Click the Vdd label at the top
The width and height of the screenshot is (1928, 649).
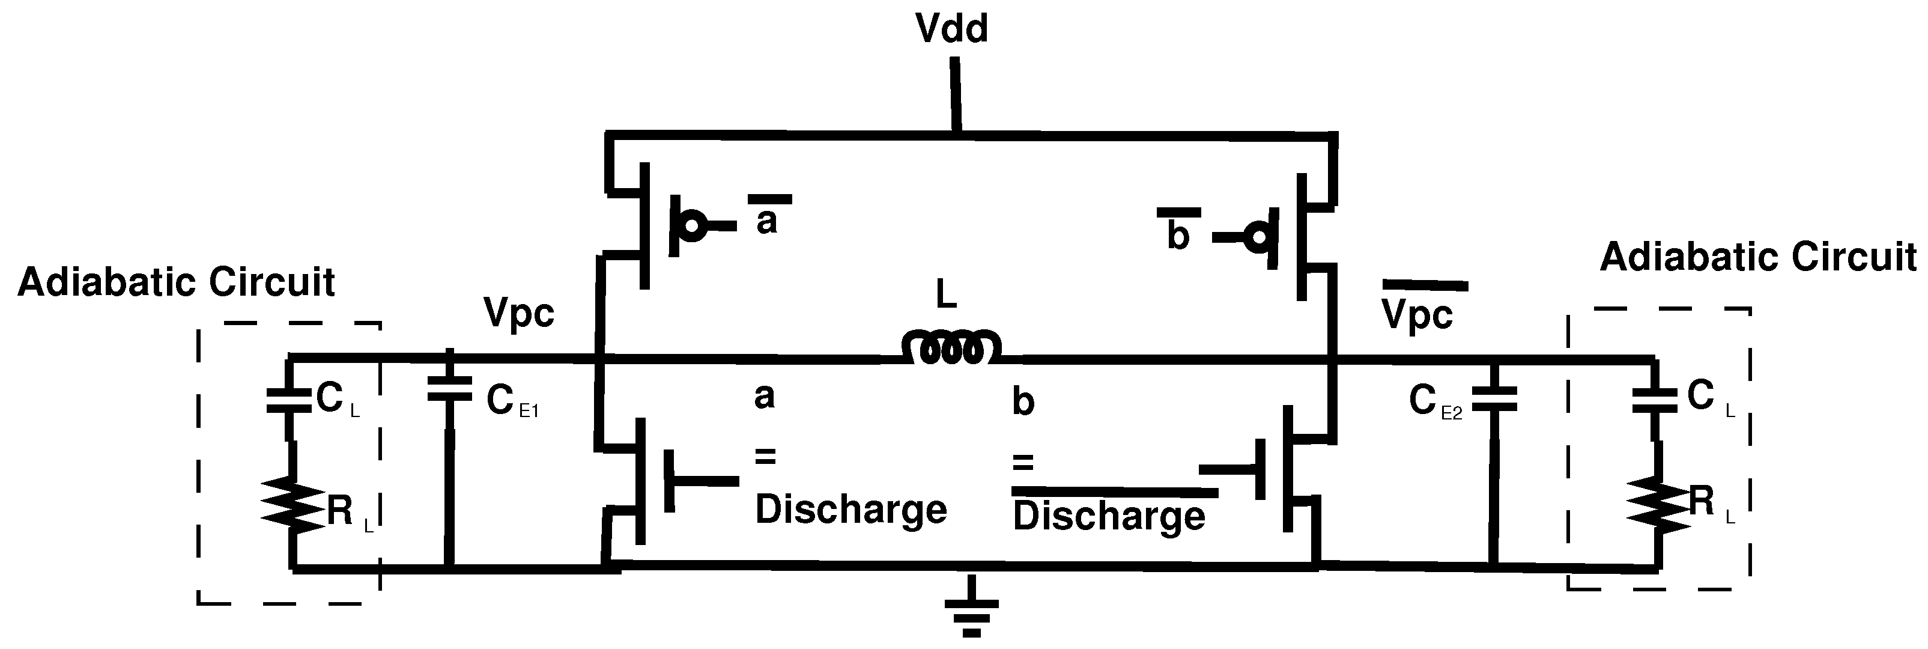point(951,30)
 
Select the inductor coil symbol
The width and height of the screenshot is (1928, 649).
point(951,349)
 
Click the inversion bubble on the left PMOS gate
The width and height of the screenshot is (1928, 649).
point(694,225)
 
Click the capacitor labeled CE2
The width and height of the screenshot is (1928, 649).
point(1493,399)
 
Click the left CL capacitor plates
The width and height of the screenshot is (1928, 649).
point(289,400)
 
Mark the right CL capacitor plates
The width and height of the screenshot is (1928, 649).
point(1654,400)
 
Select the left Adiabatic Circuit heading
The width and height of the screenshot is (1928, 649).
point(177,283)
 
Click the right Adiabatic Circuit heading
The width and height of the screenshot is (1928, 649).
point(1758,258)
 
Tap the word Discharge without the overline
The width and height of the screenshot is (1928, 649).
point(851,510)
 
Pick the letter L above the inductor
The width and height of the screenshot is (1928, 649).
point(947,296)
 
